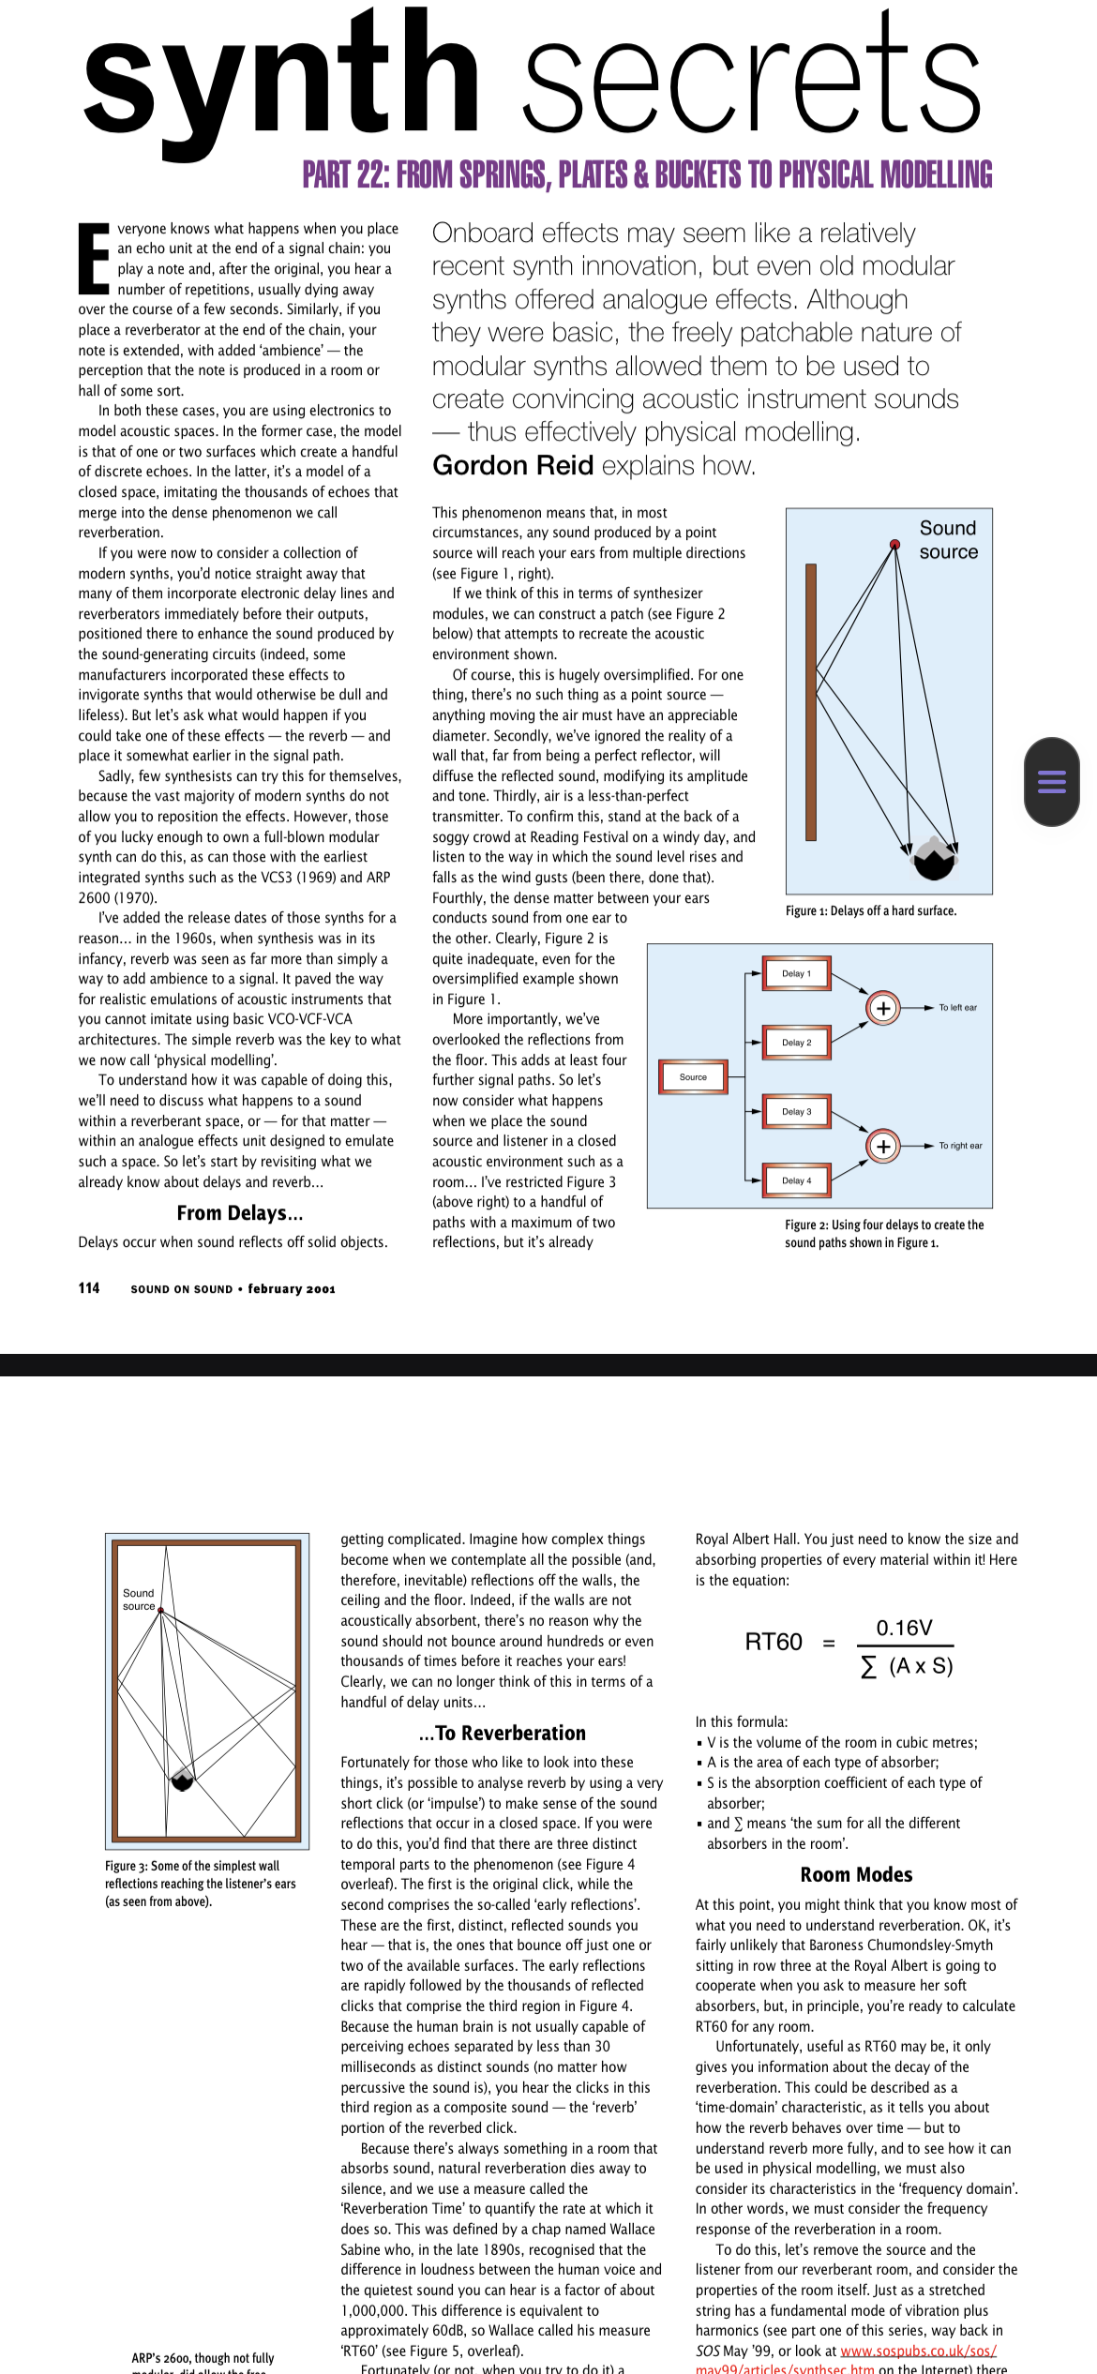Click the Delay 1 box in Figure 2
tap(797, 973)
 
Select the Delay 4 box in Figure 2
tap(797, 1180)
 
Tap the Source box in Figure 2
tap(693, 1076)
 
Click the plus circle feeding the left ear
tap(882, 1008)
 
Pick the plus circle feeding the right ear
tap(882, 1146)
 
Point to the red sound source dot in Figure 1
tap(894, 544)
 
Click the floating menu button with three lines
tap(1051, 781)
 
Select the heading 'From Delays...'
tap(240, 1213)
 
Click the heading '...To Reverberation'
tap(502, 1733)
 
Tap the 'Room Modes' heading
tap(856, 1874)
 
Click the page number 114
tap(89, 1288)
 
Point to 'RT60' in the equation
tap(774, 1642)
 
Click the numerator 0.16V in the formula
tap(904, 1628)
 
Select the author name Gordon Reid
tap(513, 465)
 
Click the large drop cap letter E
tap(94, 257)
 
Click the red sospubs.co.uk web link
tap(918, 2351)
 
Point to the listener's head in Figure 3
tap(182, 1780)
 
